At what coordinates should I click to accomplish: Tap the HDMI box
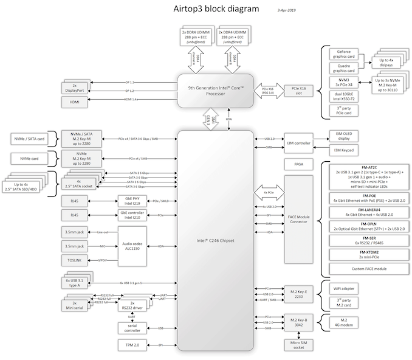pos(75,102)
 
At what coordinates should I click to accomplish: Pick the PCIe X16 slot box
pos(298,91)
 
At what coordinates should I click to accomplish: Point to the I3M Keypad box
pos(343,149)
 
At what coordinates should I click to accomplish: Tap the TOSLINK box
pos(75,260)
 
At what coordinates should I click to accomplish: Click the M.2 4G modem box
pos(343,323)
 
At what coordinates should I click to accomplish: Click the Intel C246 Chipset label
pos(215,241)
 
